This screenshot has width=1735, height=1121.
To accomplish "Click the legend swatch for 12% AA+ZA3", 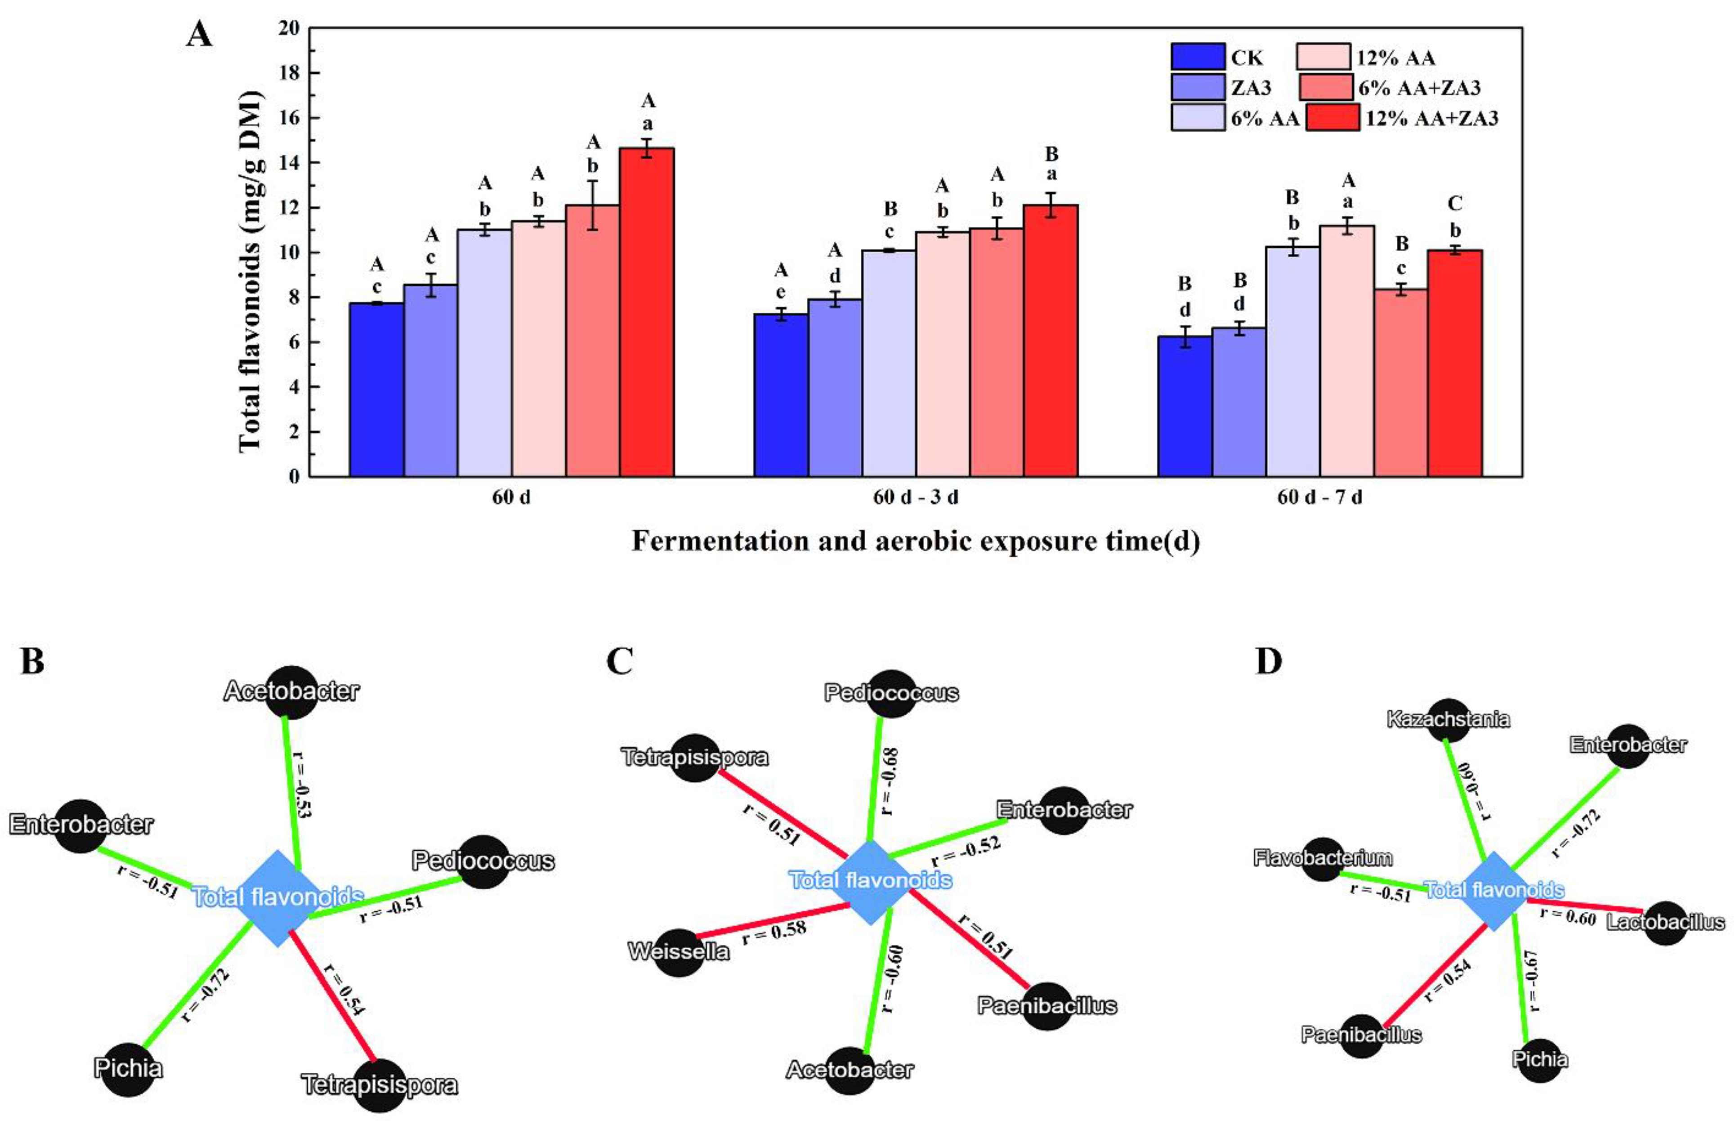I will (x=1332, y=118).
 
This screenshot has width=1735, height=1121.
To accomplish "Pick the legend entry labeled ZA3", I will (x=1250, y=87).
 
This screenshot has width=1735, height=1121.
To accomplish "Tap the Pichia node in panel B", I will (x=128, y=1068).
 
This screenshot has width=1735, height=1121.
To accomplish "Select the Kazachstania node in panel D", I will (x=1448, y=720).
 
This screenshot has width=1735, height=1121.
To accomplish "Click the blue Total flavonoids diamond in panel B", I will (x=277, y=897).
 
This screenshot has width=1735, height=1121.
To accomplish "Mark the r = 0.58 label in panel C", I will (x=774, y=933).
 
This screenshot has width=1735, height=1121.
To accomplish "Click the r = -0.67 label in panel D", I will (x=1533, y=981).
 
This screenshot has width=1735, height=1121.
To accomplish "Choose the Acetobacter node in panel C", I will (x=850, y=1070).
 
